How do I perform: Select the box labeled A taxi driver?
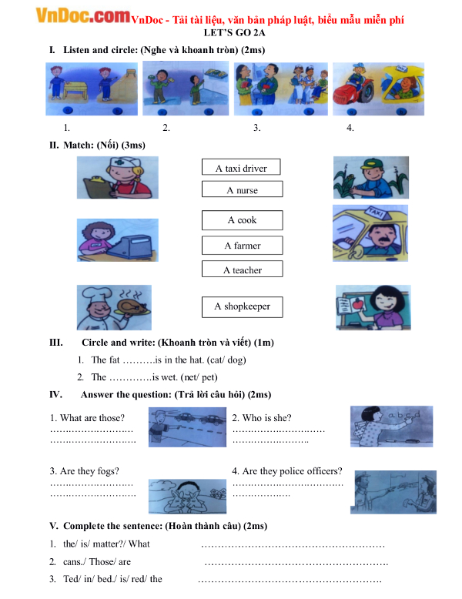point(241,168)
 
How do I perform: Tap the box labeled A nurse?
point(242,189)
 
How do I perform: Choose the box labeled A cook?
point(242,220)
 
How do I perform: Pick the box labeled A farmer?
point(242,246)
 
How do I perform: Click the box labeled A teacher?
point(242,269)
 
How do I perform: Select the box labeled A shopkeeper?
point(242,306)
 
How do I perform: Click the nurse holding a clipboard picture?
point(117,178)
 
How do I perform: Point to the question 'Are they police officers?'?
point(286,471)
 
